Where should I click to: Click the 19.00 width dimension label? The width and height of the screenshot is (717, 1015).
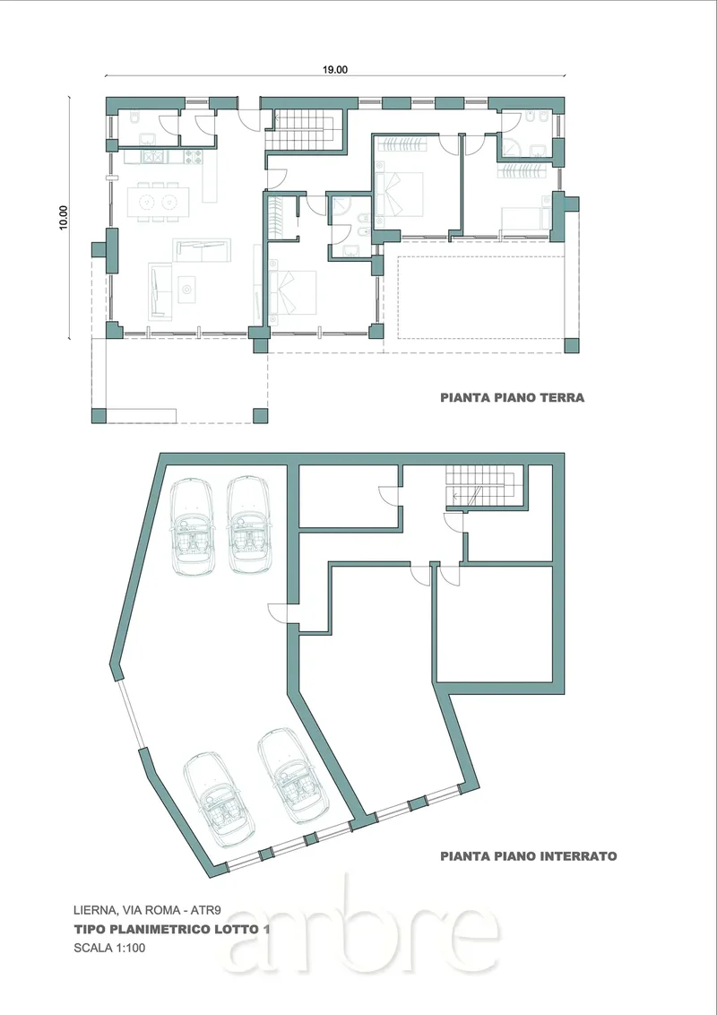click(x=335, y=70)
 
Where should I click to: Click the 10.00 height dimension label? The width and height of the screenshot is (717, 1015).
click(x=64, y=218)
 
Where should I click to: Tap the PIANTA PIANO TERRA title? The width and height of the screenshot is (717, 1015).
click(x=512, y=397)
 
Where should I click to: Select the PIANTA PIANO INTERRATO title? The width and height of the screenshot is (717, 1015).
click(x=528, y=855)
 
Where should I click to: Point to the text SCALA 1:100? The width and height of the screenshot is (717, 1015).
click(x=109, y=948)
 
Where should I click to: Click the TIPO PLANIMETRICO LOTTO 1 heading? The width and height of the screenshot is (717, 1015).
click(x=171, y=929)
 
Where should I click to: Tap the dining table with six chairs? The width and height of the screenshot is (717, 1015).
click(x=158, y=203)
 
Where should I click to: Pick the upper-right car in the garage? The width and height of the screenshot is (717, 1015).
click(x=249, y=525)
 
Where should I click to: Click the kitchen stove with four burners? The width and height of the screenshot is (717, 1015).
click(x=194, y=156)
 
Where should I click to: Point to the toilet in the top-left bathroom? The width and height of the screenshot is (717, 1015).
click(x=134, y=117)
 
